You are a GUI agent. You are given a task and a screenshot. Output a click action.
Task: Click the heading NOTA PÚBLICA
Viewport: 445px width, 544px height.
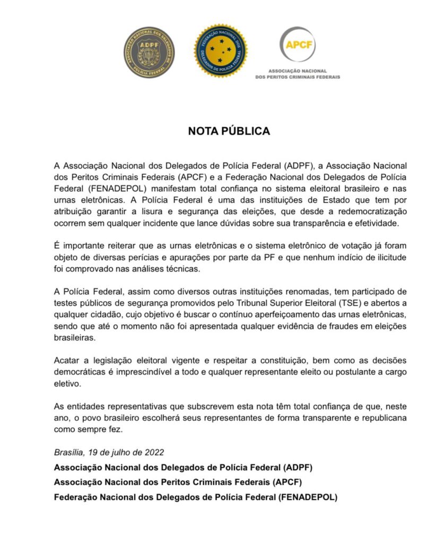point(229,131)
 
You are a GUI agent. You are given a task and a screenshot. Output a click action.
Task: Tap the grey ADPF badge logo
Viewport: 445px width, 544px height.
point(149,53)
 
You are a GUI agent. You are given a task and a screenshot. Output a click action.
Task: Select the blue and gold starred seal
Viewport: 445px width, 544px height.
point(220,52)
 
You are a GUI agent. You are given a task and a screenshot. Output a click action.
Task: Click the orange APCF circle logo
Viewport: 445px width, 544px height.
point(297,45)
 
